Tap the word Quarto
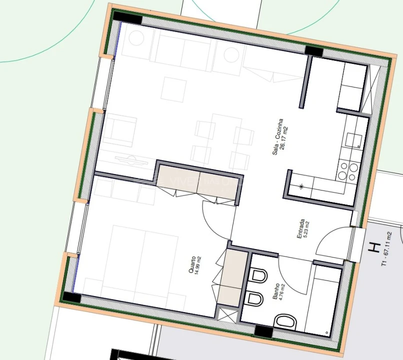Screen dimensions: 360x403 click(x=191, y=264)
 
